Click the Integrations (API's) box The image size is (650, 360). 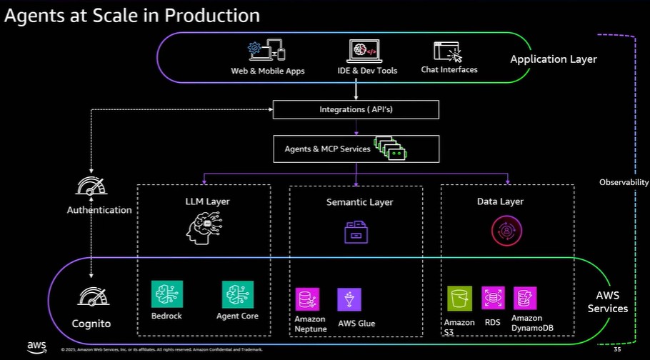pyautogui.click(x=356, y=109)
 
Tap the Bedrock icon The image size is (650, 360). pyautogui.click(x=167, y=294)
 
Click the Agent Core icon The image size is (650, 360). pyautogui.click(x=237, y=294)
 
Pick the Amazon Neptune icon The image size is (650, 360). pyautogui.click(x=309, y=299)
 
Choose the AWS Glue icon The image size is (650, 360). pyautogui.click(x=349, y=299)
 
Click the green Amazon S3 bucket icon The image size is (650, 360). pyautogui.click(x=460, y=299)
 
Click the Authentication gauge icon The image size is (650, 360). pyautogui.click(x=91, y=188)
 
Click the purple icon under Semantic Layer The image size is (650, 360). pyautogui.click(x=356, y=232)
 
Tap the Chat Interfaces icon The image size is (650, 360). pyautogui.click(x=449, y=52)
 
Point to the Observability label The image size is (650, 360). pyautogui.click(x=624, y=183)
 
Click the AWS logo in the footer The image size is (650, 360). pyautogui.click(x=37, y=346)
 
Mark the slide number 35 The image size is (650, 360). pyautogui.click(x=617, y=350)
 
